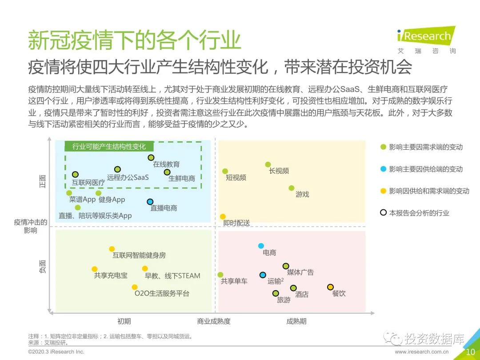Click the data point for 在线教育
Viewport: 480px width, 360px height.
point(151,158)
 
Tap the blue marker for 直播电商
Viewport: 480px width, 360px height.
point(150,202)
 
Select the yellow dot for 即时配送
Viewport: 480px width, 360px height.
point(223,217)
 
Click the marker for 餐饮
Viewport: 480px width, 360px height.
point(330,287)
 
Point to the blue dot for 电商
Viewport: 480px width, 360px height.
point(261,246)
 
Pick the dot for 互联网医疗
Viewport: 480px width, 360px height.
point(75,175)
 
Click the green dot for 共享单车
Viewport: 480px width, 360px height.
point(220,275)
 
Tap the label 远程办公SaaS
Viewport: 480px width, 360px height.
point(128,177)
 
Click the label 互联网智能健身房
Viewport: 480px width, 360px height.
point(139,255)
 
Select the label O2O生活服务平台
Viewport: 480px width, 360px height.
point(162,293)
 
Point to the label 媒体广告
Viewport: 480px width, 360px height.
point(300,272)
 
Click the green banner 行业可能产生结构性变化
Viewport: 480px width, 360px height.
point(109,147)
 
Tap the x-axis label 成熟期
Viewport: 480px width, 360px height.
point(296,321)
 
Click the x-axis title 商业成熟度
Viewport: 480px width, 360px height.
point(214,321)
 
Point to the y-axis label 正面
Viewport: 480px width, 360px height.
point(43,181)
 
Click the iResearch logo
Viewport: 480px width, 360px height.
point(426,40)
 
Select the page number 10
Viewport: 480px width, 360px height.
point(471,352)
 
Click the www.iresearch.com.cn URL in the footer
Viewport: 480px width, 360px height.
point(421,352)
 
